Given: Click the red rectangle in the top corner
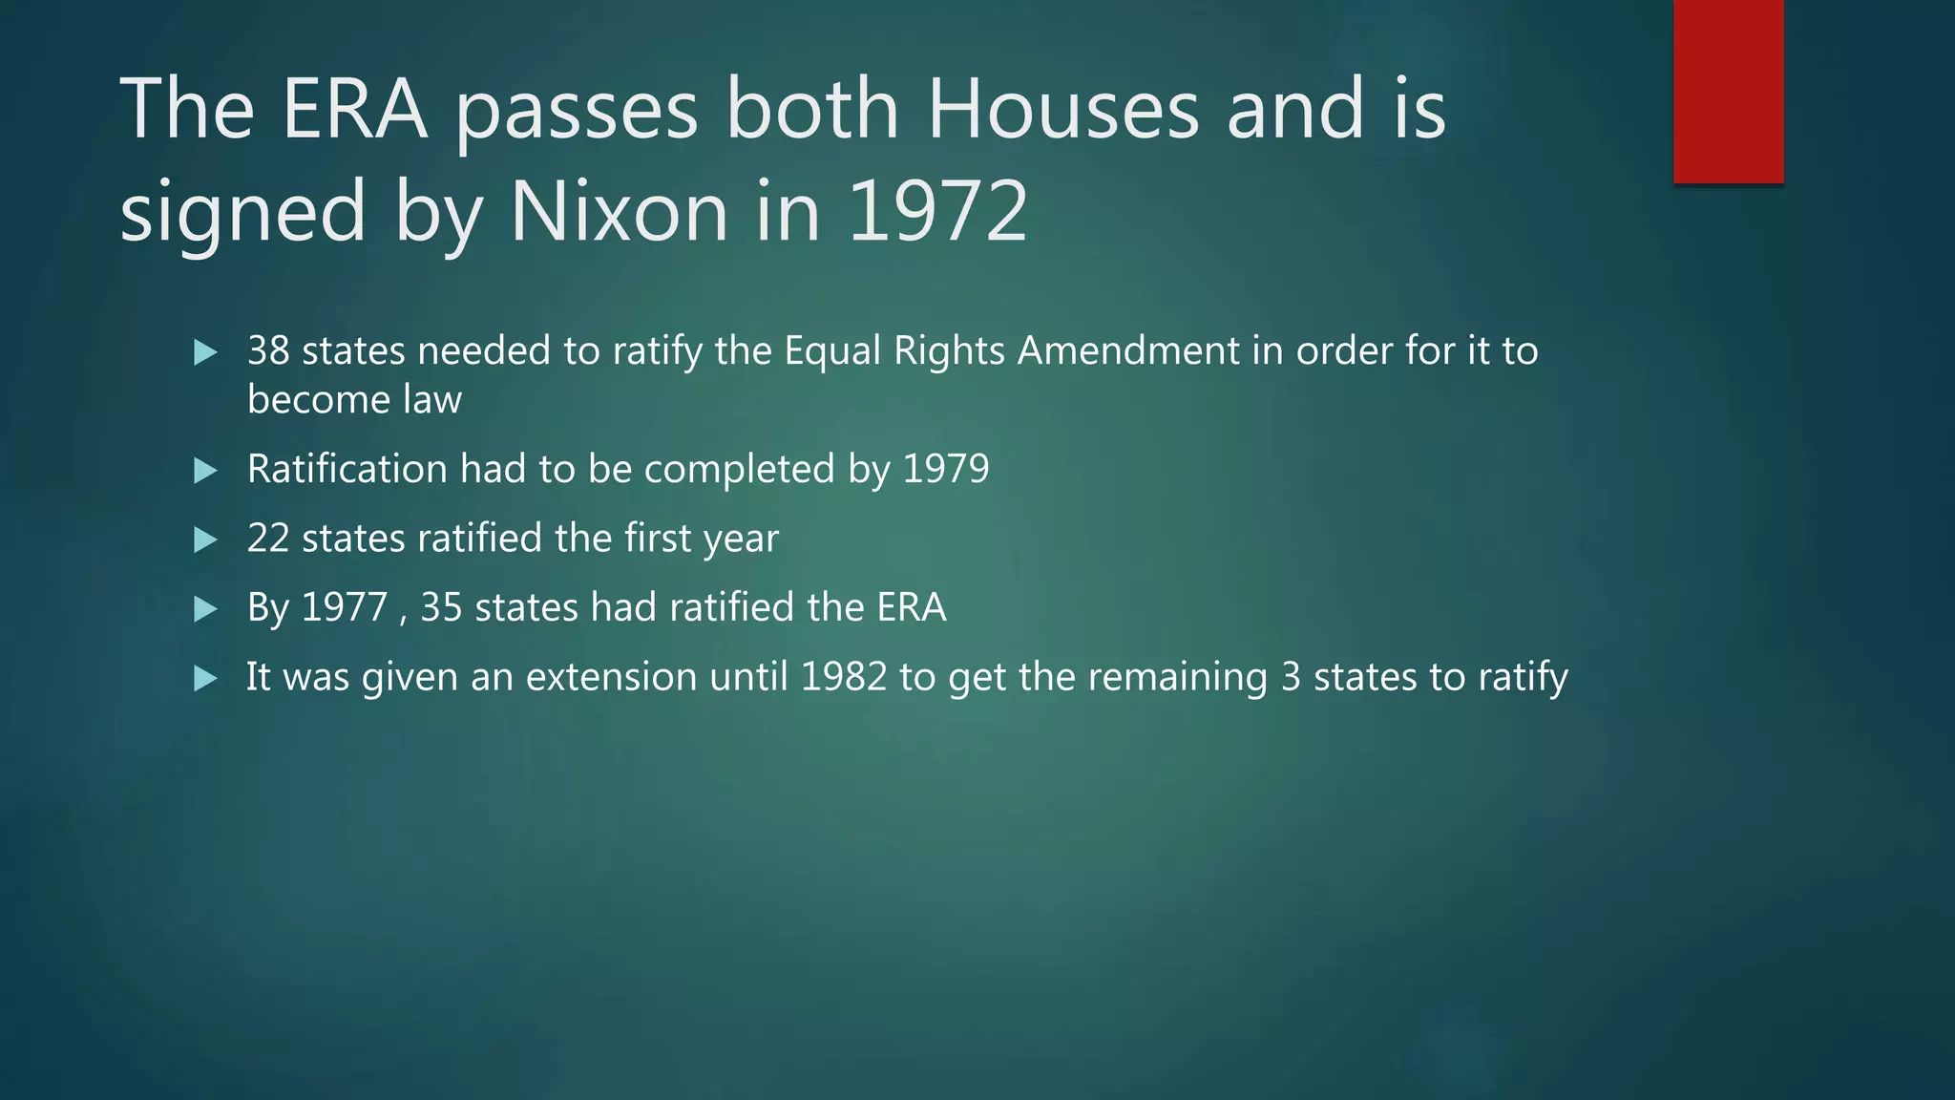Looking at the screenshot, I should point(1728,91).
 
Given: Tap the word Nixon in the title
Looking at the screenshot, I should point(620,211).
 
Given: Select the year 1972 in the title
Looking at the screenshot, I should point(937,211).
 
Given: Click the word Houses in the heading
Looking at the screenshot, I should point(1062,110).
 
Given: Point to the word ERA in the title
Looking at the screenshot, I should point(353,110).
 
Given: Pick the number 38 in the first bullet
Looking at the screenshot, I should point(268,351).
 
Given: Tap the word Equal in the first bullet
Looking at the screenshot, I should point(832,351).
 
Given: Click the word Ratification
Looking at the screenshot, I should point(347,470).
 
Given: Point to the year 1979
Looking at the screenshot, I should point(946,470).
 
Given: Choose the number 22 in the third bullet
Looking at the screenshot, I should point(268,539).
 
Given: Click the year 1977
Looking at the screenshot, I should point(345,608).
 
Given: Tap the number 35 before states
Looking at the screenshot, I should point(441,608).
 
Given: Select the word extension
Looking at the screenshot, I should point(611,677).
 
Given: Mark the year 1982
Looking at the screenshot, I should point(844,677).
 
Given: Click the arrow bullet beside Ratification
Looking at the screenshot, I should point(205,471).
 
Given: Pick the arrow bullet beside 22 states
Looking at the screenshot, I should point(205,540).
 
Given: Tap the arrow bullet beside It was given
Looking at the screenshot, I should point(205,679).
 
